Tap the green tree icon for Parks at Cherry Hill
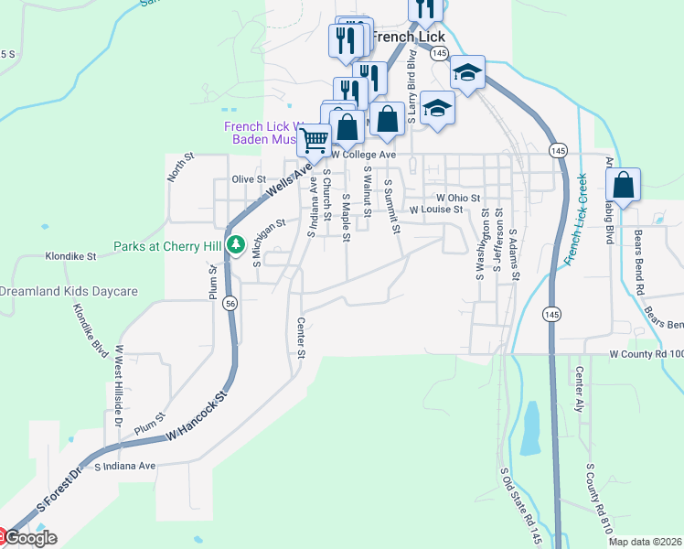[236, 244]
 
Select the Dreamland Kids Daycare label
[69, 292]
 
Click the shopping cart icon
[314, 140]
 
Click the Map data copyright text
[646, 542]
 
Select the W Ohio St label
[458, 198]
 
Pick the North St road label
[176, 170]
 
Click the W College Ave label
[364, 155]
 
